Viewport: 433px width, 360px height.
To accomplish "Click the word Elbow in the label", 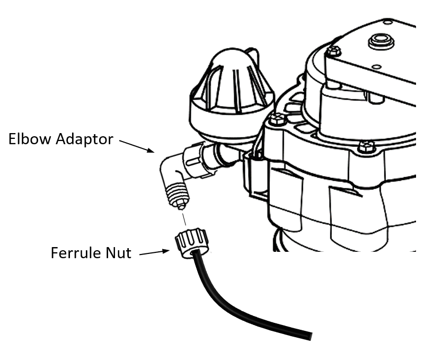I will coord(27,139).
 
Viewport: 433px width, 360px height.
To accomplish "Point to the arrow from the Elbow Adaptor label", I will coord(137,146).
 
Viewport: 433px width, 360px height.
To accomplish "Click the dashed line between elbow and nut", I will coord(182,217).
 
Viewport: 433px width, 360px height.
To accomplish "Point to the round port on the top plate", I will coord(381,40).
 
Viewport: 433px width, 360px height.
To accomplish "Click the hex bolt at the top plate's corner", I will coord(334,51).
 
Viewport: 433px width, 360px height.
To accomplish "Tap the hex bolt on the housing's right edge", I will coord(365,146).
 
